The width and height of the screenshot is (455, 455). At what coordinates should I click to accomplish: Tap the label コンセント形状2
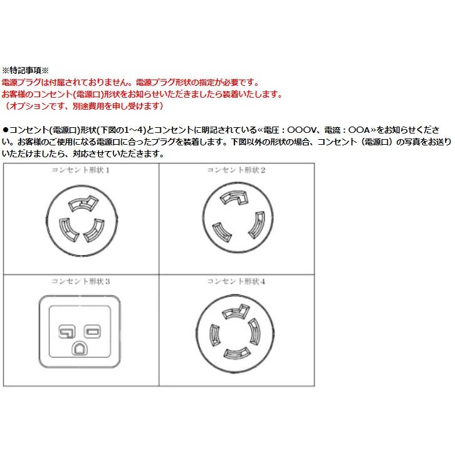[x=237, y=170]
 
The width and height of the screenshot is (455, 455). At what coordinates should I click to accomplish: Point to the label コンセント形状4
[x=237, y=281]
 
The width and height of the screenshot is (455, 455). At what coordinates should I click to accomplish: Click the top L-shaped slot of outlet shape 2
[x=233, y=199]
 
